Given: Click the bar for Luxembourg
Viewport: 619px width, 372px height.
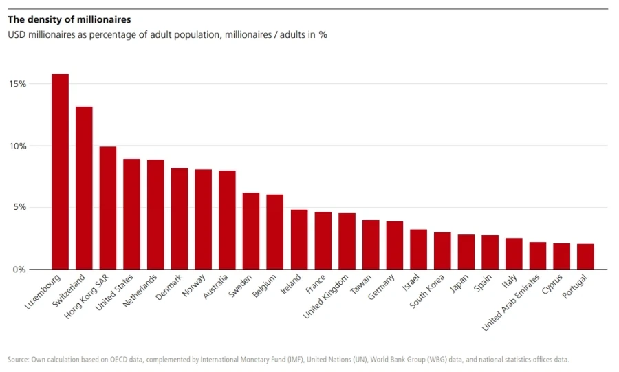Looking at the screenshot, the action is (x=60, y=172).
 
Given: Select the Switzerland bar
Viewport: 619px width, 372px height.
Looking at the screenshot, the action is (x=84, y=188).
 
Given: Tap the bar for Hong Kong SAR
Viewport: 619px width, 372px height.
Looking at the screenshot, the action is (x=108, y=208).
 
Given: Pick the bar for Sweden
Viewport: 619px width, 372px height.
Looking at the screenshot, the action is (x=251, y=231).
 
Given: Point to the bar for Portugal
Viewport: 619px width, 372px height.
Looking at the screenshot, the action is (x=585, y=256).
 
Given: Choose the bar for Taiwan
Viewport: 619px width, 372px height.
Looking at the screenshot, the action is (x=371, y=245).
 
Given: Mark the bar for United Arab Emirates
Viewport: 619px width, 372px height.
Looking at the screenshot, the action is (x=538, y=256).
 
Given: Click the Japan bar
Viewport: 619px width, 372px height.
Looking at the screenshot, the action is (x=466, y=252).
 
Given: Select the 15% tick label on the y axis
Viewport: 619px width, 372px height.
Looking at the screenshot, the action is (x=18, y=84).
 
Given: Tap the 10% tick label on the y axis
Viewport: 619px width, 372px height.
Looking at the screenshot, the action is (x=18, y=146).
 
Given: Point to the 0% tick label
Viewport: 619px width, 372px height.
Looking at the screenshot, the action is (x=19, y=270).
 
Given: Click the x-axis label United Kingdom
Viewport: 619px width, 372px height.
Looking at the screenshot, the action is (x=326, y=296).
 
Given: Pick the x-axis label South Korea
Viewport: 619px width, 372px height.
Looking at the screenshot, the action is (x=426, y=291).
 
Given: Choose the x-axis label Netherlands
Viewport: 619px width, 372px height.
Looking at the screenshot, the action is (x=140, y=291).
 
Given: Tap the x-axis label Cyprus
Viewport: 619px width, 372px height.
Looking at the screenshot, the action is (x=552, y=285).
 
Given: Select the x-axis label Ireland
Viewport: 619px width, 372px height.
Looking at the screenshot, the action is (x=291, y=284).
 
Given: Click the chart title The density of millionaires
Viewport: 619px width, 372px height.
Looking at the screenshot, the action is (x=69, y=19).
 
